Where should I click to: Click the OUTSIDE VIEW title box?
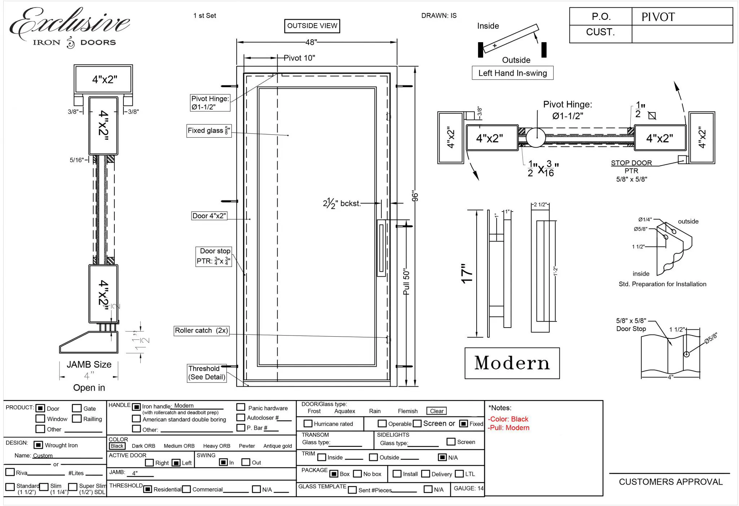312,26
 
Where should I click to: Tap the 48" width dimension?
311,42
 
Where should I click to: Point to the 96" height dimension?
415,196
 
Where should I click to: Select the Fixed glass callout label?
209,130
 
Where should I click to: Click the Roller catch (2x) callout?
201,330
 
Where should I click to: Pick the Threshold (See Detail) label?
207,373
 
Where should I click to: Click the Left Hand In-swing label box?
512,73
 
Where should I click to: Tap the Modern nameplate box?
512,363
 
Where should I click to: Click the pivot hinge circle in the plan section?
535,137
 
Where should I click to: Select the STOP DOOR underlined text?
631,163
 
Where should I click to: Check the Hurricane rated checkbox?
308,423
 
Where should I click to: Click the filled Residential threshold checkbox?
147,489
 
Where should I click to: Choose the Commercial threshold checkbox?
187,489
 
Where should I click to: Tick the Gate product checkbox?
76,408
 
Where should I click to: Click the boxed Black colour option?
117,446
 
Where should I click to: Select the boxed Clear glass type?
436,411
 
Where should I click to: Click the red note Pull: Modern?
508,428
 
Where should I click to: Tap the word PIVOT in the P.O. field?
658,17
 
